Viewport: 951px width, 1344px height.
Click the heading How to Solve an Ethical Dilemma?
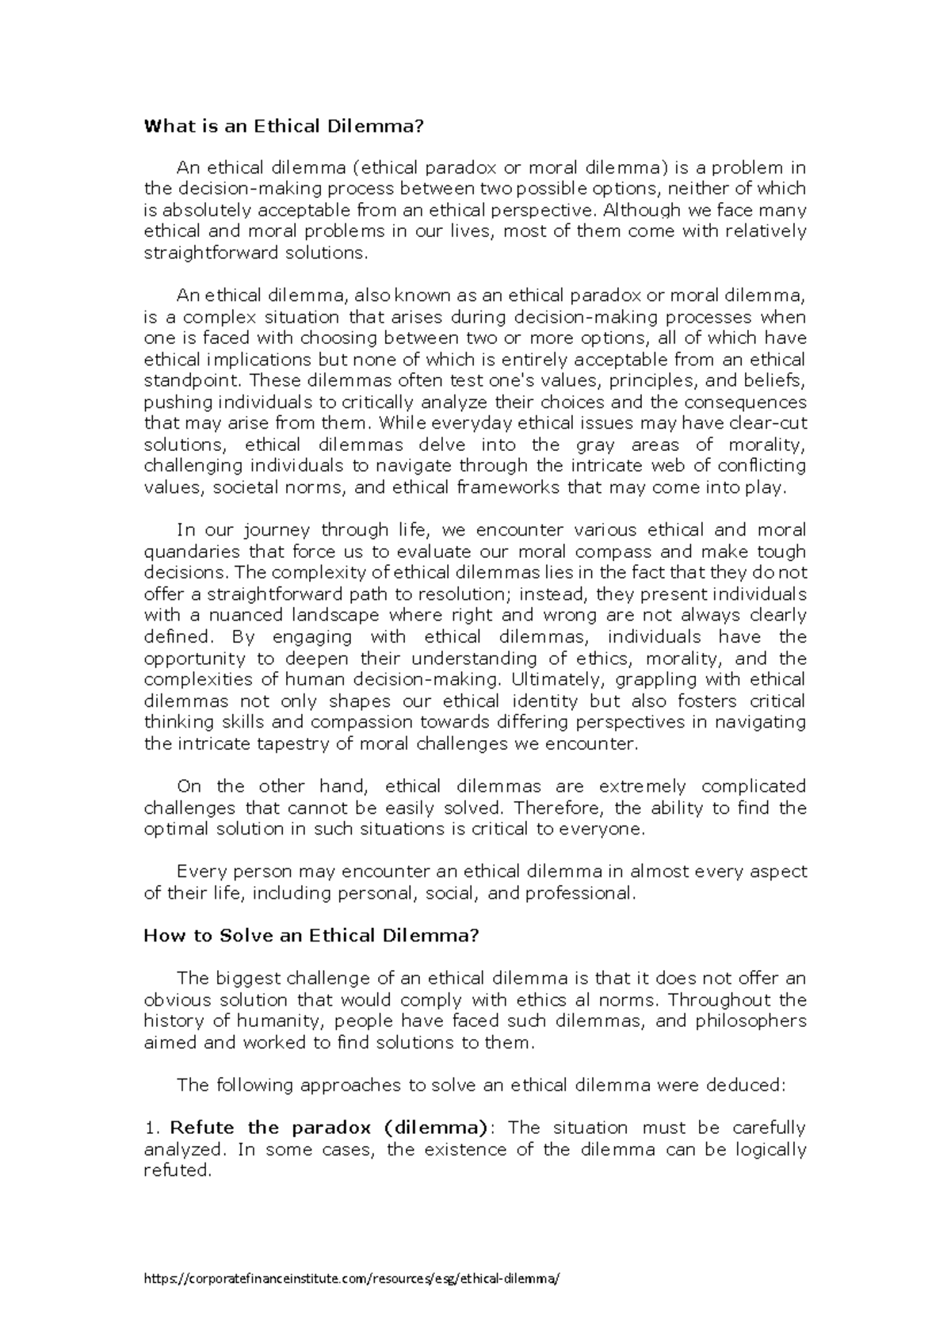[x=311, y=935]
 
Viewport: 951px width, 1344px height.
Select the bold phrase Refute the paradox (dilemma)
[x=329, y=1128]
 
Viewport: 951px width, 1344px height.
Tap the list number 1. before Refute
[x=152, y=1128]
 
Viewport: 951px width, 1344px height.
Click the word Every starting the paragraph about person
[x=200, y=872]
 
